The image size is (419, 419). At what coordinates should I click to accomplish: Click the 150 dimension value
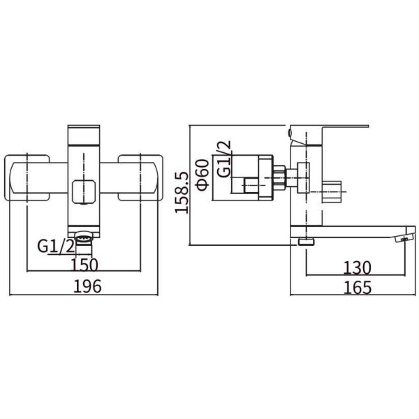click(84, 265)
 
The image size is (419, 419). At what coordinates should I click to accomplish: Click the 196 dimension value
click(87, 286)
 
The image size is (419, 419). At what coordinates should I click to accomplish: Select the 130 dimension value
click(358, 267)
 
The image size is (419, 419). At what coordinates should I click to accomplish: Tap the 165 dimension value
click(358, 288)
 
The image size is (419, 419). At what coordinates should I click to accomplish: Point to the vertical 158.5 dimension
click(182, 193)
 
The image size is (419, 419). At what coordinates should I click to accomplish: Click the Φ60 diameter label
click(203, 175)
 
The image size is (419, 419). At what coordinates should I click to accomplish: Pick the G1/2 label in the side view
click(223, 159)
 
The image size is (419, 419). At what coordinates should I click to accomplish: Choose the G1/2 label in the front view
click(56, 246)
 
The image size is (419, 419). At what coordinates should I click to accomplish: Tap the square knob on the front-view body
click(84, 191)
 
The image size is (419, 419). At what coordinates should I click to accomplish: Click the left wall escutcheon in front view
click(27, 177)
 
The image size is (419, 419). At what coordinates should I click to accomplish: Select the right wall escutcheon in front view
click(140, 177)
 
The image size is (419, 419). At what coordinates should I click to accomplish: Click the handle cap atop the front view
click(84, 135)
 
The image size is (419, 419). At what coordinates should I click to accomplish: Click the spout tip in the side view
click(405, 235)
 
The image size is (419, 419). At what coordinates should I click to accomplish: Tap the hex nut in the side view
click(280, 177)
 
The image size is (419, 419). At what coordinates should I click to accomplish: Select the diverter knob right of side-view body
click(332, 192)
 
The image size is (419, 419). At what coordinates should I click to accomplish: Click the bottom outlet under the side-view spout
click(306, 242)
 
